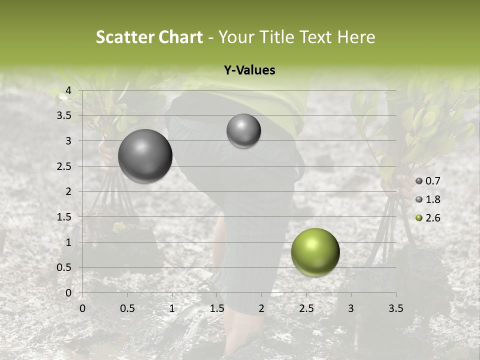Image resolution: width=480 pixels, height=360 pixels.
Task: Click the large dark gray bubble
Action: tap(145, 156)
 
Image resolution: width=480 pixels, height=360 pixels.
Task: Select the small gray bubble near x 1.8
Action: tap(243, 130)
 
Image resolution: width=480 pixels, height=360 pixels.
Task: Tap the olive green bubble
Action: tap(315, 252)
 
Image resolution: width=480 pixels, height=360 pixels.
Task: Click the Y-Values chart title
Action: tap(249, 70)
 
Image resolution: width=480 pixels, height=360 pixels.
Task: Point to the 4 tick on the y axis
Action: tap(68, 90)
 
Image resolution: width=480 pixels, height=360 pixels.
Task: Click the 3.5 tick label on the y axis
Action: tap(63, 116)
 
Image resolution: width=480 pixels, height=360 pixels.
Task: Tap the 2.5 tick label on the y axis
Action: tap(63, 166)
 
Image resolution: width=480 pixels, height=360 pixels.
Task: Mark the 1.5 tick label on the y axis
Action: tap(63, 217)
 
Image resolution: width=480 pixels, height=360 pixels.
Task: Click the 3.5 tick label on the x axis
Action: tap(395, 308)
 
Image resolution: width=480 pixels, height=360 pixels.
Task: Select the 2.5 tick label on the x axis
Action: tap(306, 308)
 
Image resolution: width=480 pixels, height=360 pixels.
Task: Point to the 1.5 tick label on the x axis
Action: tap(216, 308)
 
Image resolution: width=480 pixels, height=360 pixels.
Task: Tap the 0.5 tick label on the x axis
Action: tap(127, 308)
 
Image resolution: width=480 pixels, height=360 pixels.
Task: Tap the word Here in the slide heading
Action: tap(356, 37)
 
